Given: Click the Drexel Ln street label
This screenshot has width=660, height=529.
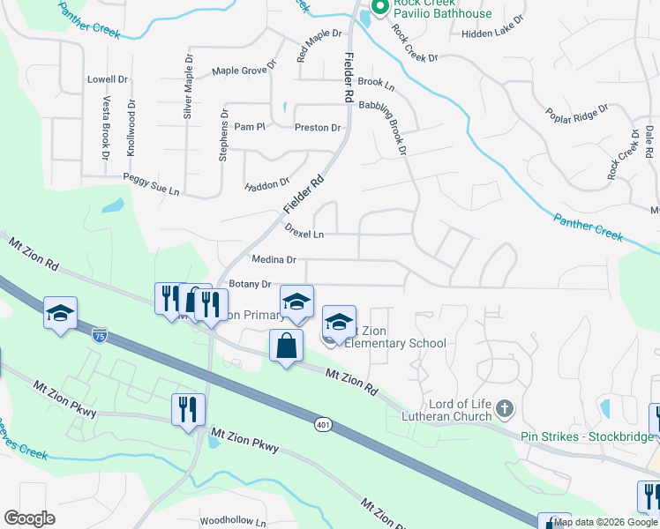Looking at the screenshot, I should tap(304, 235).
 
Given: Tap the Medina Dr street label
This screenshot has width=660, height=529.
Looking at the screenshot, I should tap(274, 260).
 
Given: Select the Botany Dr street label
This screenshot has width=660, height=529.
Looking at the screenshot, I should tap(249, 284).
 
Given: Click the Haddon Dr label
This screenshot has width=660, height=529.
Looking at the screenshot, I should tap(266, 184).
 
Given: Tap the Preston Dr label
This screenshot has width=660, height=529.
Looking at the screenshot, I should tap(318, 128).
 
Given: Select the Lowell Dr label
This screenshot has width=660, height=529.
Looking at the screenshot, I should tap(108, 78).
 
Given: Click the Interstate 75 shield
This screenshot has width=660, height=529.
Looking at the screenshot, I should tap(101, 334).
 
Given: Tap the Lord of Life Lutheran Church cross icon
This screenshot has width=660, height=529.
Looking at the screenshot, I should tap(504, 408).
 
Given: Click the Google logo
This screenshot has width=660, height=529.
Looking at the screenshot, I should tap(30, 518).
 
